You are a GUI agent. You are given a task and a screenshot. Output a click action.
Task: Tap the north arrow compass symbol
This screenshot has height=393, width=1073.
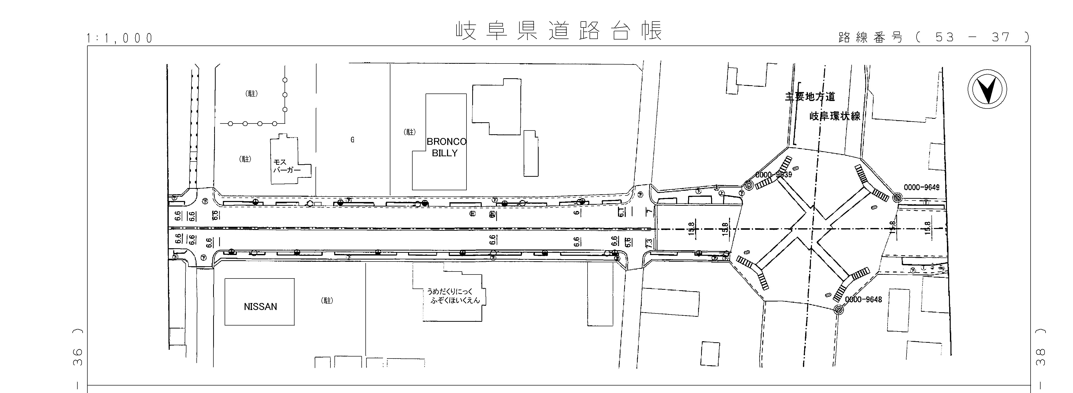[x=987, y=90]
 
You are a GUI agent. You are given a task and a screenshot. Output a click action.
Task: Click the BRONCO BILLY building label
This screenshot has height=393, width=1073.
[x=446, y=147]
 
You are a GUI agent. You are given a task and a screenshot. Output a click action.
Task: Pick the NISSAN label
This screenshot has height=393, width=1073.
[x=260, y=307]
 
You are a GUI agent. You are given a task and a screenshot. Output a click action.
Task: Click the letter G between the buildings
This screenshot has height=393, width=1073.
[x=352, y=140]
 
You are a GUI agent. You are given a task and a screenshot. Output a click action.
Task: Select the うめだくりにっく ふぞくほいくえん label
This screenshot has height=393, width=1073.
[x=453, y=296]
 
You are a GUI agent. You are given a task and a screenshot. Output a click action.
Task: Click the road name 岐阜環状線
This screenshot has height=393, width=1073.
[x=835, y=116]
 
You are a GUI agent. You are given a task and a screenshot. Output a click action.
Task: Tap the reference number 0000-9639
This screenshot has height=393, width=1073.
[x=773, y=175]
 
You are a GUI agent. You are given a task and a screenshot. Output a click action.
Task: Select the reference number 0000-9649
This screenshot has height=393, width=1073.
[x=921, y=187]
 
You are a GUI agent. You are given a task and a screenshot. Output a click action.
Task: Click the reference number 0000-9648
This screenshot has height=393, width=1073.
[x=864, y=299]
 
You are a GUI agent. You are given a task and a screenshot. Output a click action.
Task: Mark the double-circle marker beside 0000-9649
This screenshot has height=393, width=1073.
[x=897, y=197]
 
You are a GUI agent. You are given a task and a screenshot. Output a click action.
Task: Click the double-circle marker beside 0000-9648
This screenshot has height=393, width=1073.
[x=838, y=309]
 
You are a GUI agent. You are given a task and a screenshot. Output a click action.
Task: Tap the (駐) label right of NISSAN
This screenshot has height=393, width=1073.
[x=327, y=300]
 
